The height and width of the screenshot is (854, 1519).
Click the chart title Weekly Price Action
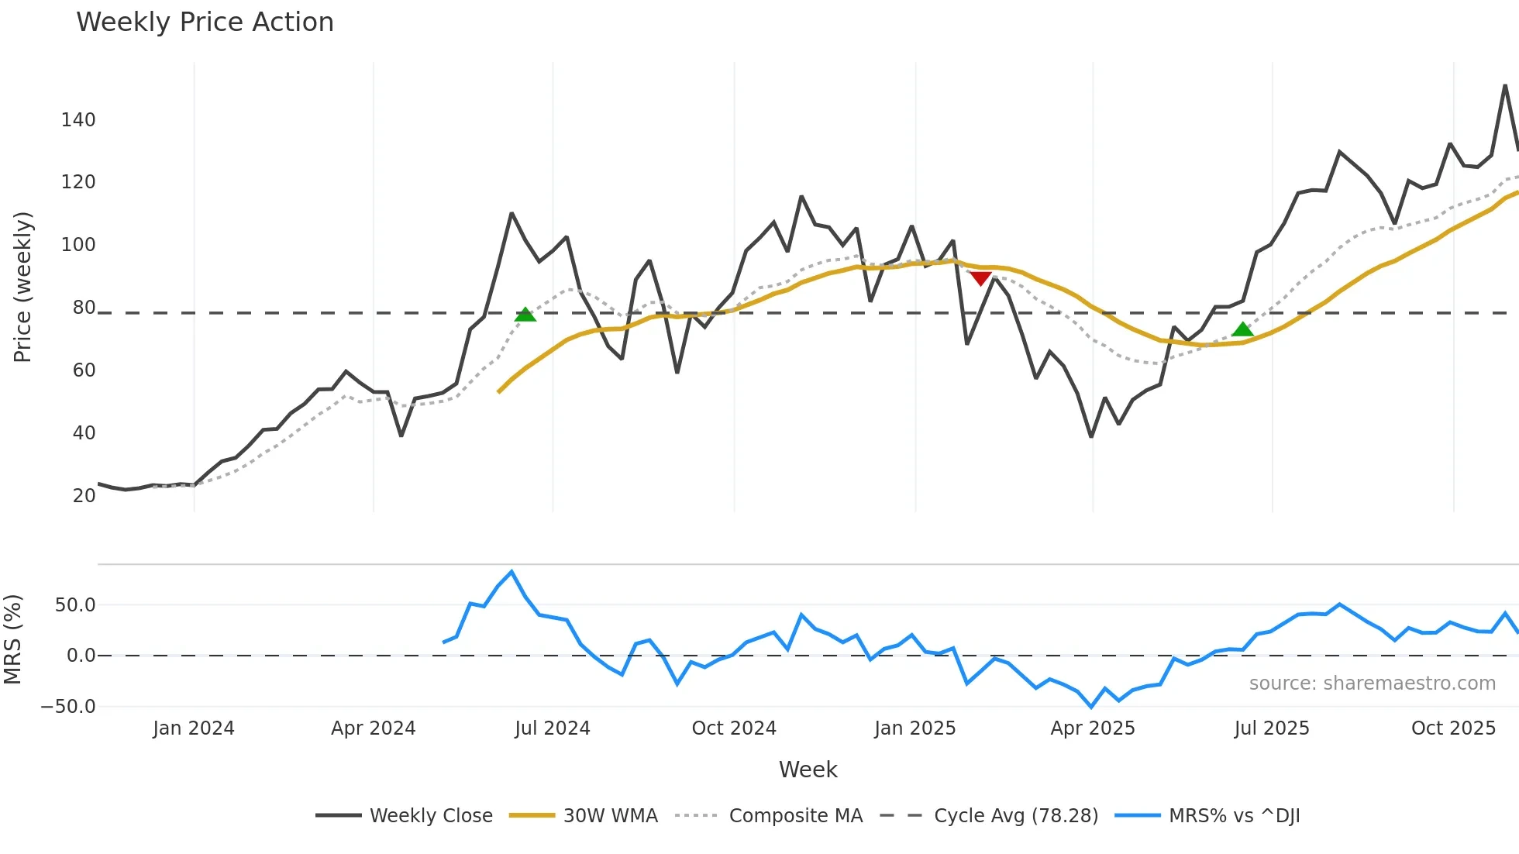point(205,22)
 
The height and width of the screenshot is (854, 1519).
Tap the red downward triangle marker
point(980,278)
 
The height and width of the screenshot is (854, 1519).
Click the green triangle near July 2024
point(525,315)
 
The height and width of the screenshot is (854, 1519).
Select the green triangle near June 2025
point(1242,329)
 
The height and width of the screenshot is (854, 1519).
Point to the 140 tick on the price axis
point(78,120)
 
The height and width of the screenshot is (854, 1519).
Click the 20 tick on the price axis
point(84,496)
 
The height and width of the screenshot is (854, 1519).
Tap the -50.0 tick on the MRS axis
point(68,707)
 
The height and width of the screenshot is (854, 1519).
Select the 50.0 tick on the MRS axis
point(75,605)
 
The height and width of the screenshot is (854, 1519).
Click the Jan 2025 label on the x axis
point(914,728)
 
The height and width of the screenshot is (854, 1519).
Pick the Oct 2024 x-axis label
point(734,728)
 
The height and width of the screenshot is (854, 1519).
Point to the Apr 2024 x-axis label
point(373,728)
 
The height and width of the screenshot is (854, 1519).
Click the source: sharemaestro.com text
point(1372,684)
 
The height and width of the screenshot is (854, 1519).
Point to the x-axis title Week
point(808,770)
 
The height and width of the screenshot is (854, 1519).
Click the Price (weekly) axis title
point(22,287)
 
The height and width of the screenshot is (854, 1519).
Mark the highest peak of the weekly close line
point(1505,85)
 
